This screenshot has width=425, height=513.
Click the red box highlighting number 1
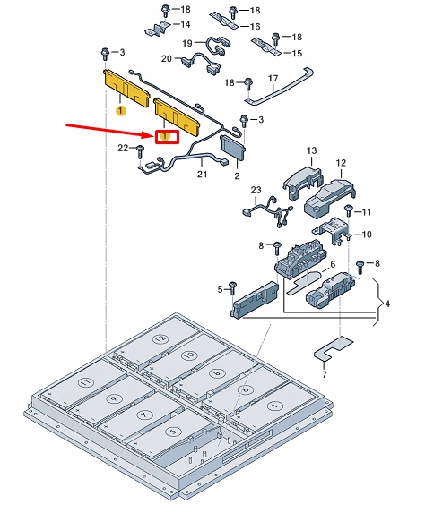167,136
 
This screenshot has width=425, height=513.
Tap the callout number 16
255,27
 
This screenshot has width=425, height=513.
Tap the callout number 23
256,191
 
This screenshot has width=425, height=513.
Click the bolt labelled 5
234,288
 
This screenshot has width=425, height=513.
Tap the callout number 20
167,58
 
